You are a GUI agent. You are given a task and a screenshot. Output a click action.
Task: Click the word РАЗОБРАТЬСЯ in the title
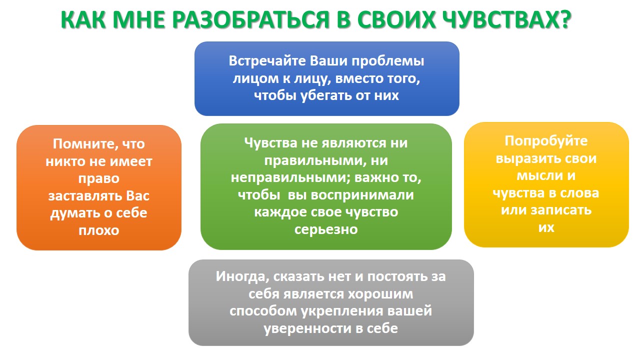pyautogui.click(x=250, y=19)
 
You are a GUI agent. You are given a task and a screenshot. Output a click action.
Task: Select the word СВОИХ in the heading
pyautogui.click(x=396, y=19)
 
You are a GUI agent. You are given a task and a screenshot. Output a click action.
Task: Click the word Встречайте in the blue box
pyautogui.click(x=267, y=61)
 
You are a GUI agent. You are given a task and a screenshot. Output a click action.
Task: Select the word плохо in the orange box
pyautogui.click(x=99, y=230)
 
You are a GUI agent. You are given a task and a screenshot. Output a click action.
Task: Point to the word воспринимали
pyautogui.click(x=362, y=195)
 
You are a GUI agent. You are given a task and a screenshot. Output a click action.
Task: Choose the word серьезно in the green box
pyautogui.click(x=326, y=229)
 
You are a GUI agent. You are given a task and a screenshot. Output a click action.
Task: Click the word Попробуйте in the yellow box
pyautogui.click(x=546, y=141)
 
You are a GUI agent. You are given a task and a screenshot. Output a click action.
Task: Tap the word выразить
pyautogui.click(x=525, y=159)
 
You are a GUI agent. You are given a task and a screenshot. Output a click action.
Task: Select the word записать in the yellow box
pyautogui.click(x=561, y=210)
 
